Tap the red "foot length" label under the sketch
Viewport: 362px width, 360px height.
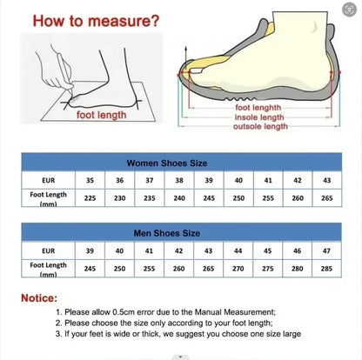[102, 114]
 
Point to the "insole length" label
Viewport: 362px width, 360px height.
[258, 117]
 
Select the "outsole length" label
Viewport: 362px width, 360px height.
[259, 126]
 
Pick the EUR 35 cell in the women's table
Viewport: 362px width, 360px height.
[90, 180]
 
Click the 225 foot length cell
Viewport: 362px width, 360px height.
[90, 197]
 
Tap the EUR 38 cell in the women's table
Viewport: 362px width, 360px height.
[178, 180]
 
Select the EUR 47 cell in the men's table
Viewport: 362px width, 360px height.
[326, 250]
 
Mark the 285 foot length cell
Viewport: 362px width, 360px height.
[326, 268]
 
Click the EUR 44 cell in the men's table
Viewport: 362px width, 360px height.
[238, 250]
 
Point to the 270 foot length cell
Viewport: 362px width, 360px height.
[238, 268]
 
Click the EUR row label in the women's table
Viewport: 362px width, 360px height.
[48, 180]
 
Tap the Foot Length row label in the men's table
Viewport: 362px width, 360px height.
[48, 268]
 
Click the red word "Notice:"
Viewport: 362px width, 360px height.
[44, 297]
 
